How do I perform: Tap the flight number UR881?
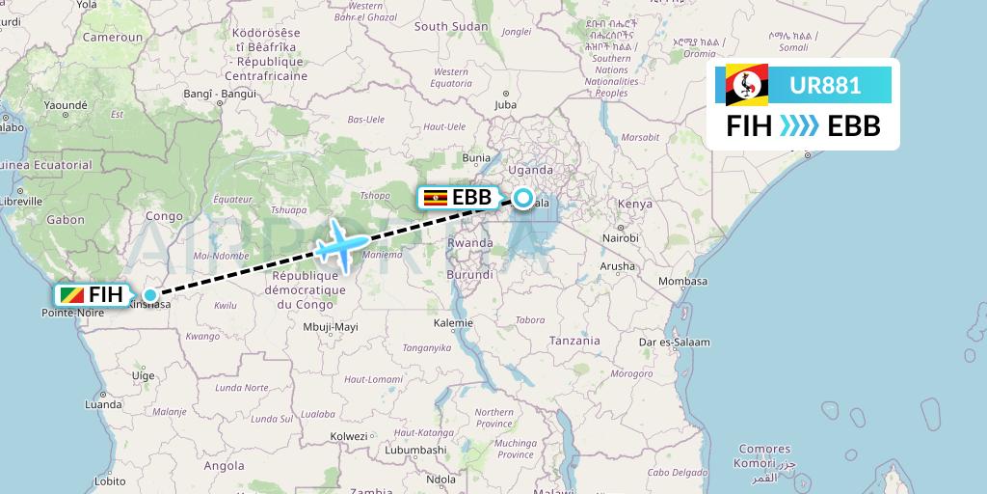(x=825, y=85)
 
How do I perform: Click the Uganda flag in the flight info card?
(x=747, y=85)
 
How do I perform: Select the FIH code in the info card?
(x=748, y=126)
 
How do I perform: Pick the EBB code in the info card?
(x=854, y=126)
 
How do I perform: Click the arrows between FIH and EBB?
(x=799, y=126)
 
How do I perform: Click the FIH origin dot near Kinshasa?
(x=150, y=295)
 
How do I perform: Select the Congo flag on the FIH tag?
(x=70, y=295)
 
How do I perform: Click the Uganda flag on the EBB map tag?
(x=436, y=198)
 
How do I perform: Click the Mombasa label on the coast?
(x=682, y=281)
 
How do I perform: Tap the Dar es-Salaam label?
(x=674, y=343)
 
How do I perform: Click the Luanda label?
(x=103, y=405)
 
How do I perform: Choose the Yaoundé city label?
(x=65, y=105)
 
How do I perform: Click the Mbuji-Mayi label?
(x=330, y=327)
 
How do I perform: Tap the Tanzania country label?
(x=574, y=341)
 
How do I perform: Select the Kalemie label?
(x=453, y=322)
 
